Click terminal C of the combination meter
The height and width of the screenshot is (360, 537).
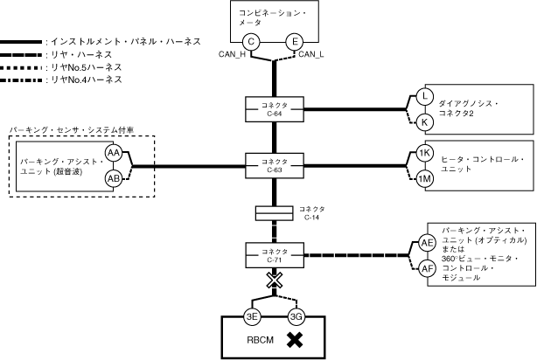pyautogui.click(x=252, y=41)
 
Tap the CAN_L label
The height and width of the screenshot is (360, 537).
pyautogui.click(x=312, y=56)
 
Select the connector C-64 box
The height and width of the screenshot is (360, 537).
pyautogui.click(x=275, y=109)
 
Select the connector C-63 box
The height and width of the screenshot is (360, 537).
pyautogui.click(x=275, y=163)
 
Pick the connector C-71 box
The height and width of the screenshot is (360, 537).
pyautogui.click(x=275, y=255)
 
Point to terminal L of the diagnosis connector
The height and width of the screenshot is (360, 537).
pyautogui.click(x=424, y=97)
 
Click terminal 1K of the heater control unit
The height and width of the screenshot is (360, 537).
pyautogui.click(x=424, y=153)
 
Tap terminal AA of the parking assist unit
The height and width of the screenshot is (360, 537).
pyautogui.click(x=113, y=153)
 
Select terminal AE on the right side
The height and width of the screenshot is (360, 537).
pyautogui.click(x=427, y=243)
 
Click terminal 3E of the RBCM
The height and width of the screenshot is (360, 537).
pyautogui.click(x=252, y=316)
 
